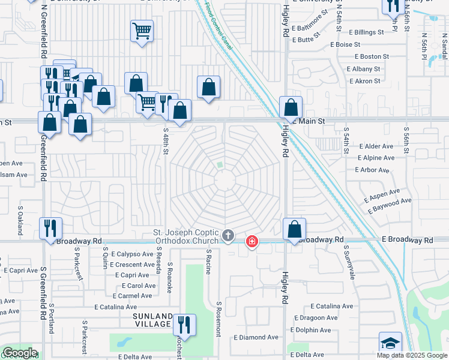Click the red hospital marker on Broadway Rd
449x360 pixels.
pyautogui.click(x=252, y=241)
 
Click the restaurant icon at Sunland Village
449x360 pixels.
pyautogui.click(x=184, y=325)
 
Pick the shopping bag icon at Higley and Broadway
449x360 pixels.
pyautogui.click(x=294, y=229)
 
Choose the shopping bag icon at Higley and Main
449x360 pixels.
pyautogui.click(x=291, y=108)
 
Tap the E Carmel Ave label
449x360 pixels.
pyautogui.click(x=132, y=296)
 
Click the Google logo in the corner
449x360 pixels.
pyautogui.click(x=19, y=353)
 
